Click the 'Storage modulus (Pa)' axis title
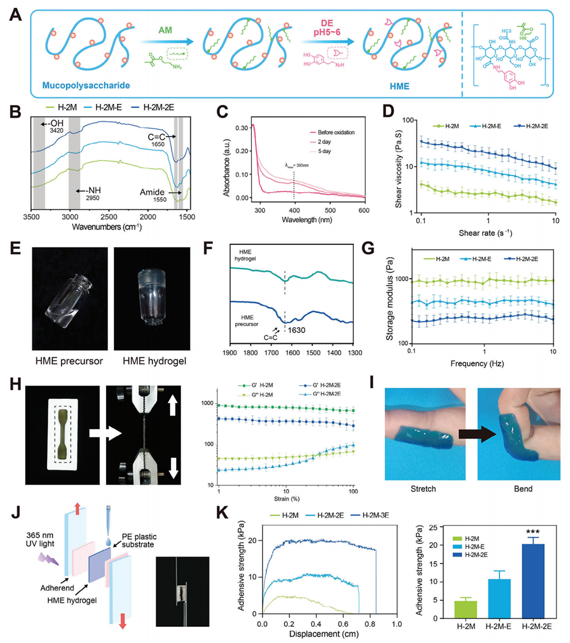[389, 296]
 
